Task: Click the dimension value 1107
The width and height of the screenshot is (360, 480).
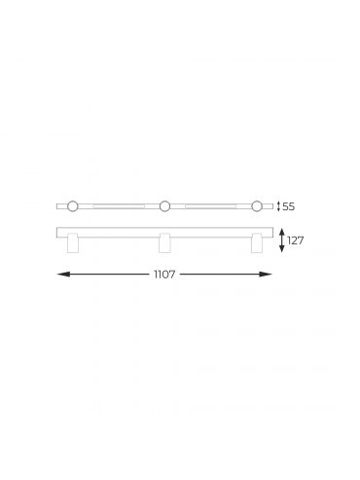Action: point(164,275)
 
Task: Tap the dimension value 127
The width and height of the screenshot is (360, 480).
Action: point(295,240)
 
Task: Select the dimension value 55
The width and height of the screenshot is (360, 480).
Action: point(289,206)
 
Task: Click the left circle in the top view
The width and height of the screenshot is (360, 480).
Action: point(73,206)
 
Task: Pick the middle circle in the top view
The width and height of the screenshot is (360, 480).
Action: point(164,206)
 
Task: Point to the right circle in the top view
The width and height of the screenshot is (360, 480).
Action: point(257,206)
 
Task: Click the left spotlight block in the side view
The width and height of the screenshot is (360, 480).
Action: point(72,242)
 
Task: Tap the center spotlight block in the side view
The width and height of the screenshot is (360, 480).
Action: point(164,242)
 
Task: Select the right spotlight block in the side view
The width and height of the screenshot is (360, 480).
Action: point(257,242)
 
